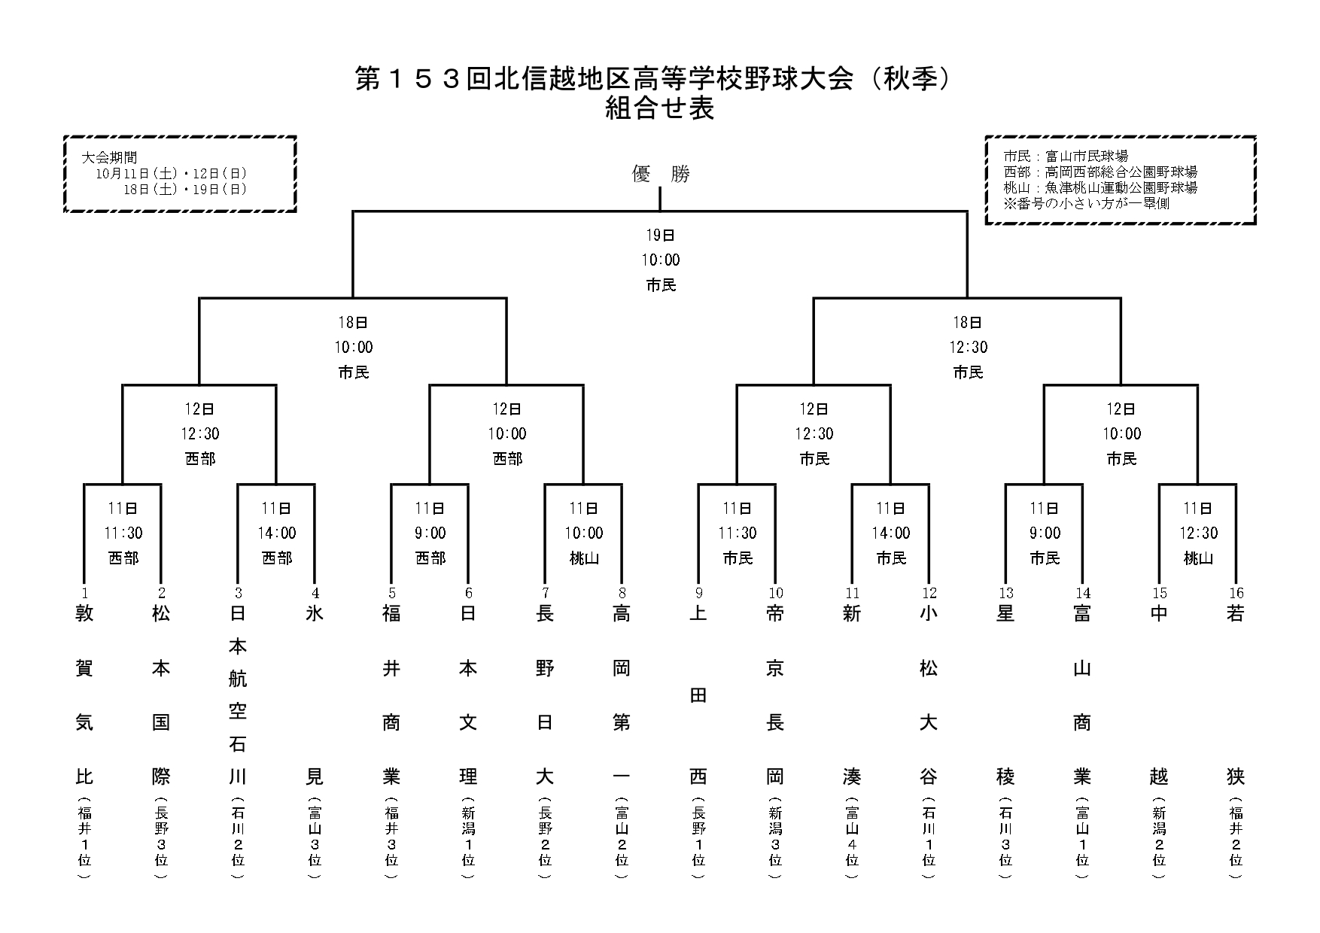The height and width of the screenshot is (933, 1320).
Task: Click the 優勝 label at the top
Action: click(x=660, y=175)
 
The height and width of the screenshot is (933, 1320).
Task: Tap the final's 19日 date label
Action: click(x=660, y=236)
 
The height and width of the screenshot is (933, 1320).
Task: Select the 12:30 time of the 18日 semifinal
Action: click(x=968, y=347)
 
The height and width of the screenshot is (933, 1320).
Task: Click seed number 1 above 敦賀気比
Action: click(x=84, y=593)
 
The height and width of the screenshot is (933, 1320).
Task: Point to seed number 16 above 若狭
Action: click(x=1236, y=593)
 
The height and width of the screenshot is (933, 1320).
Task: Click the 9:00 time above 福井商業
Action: click(x=430, y=533)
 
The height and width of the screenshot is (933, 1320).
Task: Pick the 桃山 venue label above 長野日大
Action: click(x=583, y=558)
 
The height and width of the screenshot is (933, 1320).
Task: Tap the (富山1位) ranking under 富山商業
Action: click(x=1082, y=837)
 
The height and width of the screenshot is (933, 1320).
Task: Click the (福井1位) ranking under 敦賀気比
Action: click(x=84, y=837)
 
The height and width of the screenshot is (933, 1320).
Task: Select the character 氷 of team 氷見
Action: click(x=315, y=614)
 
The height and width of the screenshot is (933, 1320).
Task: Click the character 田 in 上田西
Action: click(x=698, y=696)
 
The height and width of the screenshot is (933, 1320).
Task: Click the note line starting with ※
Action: click(x=1086, y=203)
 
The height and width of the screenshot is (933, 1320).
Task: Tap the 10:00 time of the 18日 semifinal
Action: click(x=354, y=347)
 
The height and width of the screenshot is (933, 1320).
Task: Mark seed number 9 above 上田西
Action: click(x=698, y=593)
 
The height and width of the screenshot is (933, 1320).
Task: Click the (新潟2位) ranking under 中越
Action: click(x=1159, y=837)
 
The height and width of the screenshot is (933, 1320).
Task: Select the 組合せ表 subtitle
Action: click(x=659, y=110)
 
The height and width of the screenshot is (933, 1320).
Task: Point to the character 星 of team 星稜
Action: click(x=1005, y=614)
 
